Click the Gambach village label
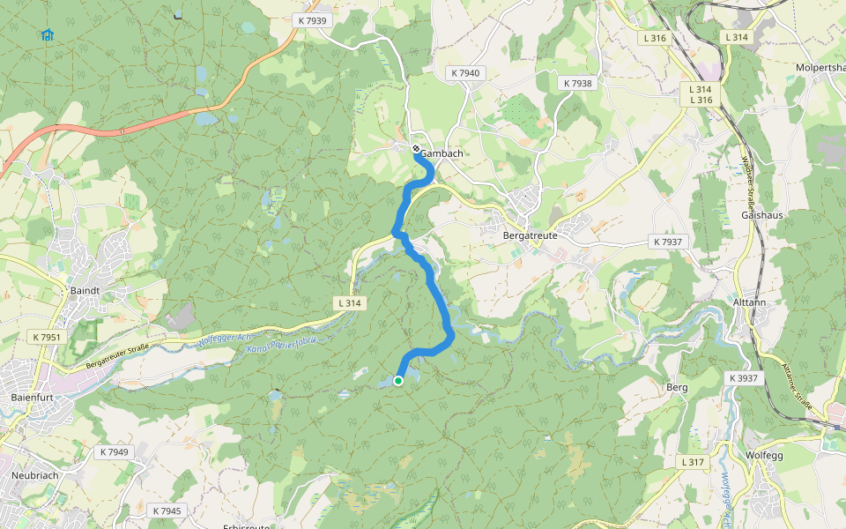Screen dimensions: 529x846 point(442,153)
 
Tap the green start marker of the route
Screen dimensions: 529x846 point(398,381)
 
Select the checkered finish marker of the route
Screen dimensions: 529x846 point(417,149)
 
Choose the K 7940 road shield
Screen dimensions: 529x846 point(464,73)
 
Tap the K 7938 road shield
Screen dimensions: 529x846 point(577,83)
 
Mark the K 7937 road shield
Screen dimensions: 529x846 point(666,242)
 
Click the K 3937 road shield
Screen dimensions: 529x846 point(744,377)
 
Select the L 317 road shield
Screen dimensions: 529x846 point(694,462)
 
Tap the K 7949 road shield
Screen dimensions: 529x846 point(114,452)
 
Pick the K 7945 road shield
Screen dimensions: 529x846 point(167,510)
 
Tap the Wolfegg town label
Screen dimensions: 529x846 point(764,456)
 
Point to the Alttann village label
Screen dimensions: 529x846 point(751,302)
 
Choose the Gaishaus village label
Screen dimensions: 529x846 point(763,215)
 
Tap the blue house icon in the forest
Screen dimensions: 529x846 point(48,34)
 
